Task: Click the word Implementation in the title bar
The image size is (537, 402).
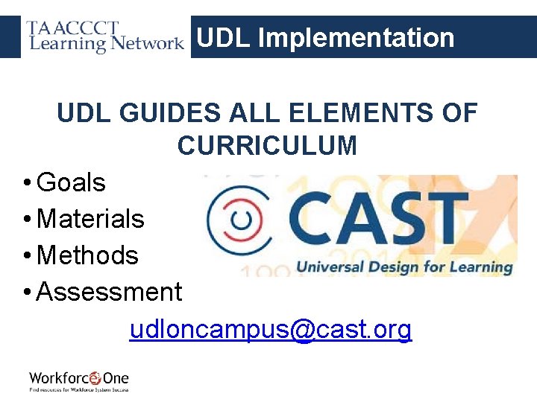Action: pyautogui.click(x=356, y=37)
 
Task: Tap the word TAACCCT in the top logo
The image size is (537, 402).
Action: pyautogui.click(x=73, y=29)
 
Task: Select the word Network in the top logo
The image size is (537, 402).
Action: pyautogui.click(x=147, y=43)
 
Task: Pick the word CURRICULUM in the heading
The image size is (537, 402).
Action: pyautogui.click(x=267, y=145)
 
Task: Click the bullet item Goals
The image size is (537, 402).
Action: pyautogui.click(x=71, y=182)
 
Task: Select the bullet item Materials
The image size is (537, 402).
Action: pyautogui.click(x=90, y=219)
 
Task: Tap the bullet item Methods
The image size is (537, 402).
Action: pyautogui.click(x=87, y=255)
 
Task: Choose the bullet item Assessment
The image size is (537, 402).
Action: pyautogui.click(x=109, y=292)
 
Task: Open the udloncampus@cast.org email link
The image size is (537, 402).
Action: pyautogui.click(x=270, y=329)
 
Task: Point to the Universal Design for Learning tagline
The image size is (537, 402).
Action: pyautogui.click(x=405, y=267)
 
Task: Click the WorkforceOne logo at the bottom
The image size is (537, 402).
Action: pyautogui.click(x=78, y=380)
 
